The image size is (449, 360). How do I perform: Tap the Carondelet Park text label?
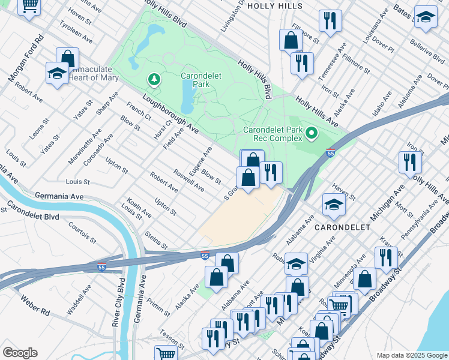point(195,80)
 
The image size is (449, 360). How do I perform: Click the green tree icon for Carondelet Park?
point(154,79)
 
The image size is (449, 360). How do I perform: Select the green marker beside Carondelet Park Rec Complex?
point(311,133)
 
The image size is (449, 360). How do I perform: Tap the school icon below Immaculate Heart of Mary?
point(57,74)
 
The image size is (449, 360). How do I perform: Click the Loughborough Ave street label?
point(170,114)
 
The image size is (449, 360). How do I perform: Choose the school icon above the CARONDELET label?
point(334,206)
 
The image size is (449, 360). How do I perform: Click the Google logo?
point(20,353)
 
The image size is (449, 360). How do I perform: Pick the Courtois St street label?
point(82,233)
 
